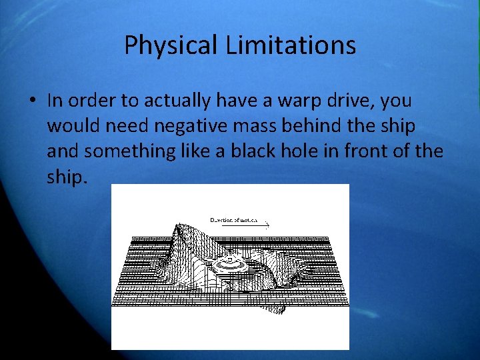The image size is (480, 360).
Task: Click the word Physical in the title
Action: coord(171,46)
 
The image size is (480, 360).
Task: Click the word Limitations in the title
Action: coord(291,45)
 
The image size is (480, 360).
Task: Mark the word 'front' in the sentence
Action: coord(365,151)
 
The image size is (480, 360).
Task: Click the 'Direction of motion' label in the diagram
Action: coord(238,220)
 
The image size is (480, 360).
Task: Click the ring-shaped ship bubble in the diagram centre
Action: coord(230,264)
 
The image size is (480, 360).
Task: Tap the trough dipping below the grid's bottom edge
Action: coord(281,308)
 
